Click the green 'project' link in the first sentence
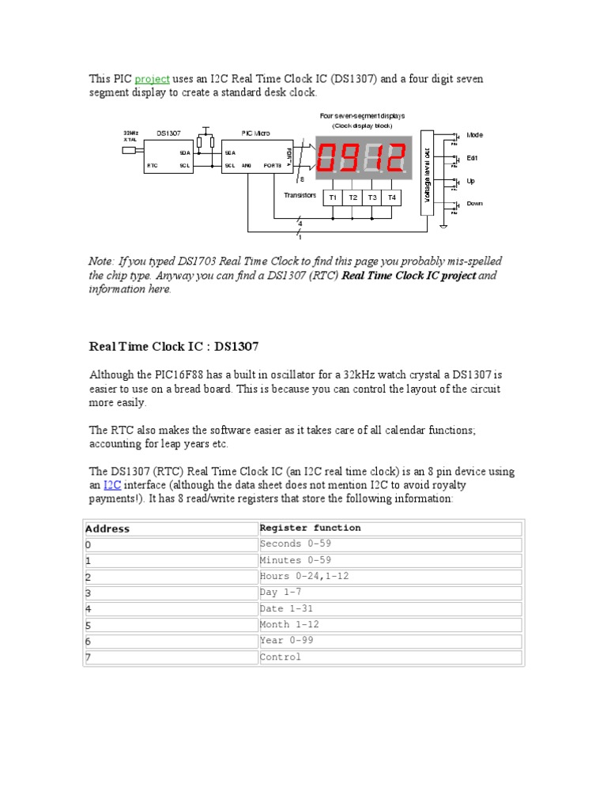pos(152,79)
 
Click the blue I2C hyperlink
pos(111,485)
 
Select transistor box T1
pos(333,197)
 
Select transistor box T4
pos(391,197)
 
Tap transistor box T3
pos(372,197)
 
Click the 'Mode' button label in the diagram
pos(475,135)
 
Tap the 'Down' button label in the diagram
pos(475,203)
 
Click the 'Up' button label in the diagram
pos(471,181)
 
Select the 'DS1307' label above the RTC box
pos(168,134)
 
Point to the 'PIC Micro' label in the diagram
pos(255,134)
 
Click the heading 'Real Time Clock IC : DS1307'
pos(173,346)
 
